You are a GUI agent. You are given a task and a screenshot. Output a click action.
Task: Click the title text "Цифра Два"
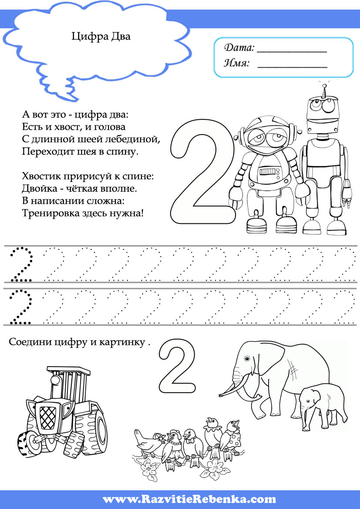(x=101, y=37)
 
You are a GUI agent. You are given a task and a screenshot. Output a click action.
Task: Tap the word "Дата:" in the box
(x=239, y=48)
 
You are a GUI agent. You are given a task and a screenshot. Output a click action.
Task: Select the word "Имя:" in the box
(x=237, y=63)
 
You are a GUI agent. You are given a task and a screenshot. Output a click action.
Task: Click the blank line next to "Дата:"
(x=292, y=52)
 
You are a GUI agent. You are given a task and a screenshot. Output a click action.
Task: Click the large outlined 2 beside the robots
(x=202, y=172)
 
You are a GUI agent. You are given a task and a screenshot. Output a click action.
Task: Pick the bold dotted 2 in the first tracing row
(x=21, y=265)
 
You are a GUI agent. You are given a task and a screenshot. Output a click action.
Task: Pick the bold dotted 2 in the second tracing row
(x=21, y=307)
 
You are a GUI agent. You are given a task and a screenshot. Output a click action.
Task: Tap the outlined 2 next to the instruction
(x=178, y=366)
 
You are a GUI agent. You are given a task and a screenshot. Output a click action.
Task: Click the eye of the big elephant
(x=247, y=359)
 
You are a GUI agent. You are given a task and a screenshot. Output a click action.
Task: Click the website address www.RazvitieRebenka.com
(x=189, y=499)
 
